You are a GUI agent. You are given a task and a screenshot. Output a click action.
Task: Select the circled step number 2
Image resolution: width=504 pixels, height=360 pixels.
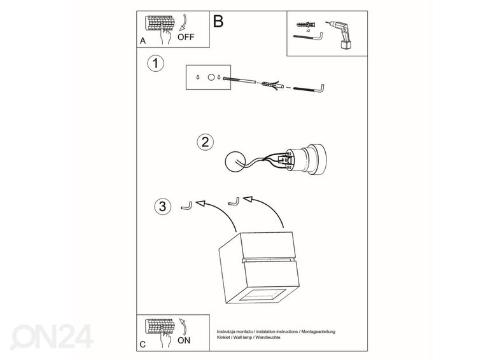click(204, 142)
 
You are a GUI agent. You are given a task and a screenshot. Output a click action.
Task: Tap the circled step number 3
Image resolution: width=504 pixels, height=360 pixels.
click(163, 206)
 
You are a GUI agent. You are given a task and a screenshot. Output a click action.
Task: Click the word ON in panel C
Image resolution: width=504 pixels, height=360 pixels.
click(184, 340)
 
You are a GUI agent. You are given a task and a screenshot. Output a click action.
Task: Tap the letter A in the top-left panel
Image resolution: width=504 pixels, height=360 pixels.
click(142, 39)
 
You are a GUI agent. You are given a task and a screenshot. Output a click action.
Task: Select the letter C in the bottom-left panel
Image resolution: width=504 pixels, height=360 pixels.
click(142, 343)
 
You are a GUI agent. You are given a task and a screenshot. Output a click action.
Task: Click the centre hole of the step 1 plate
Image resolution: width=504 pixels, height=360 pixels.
click(209, 77)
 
